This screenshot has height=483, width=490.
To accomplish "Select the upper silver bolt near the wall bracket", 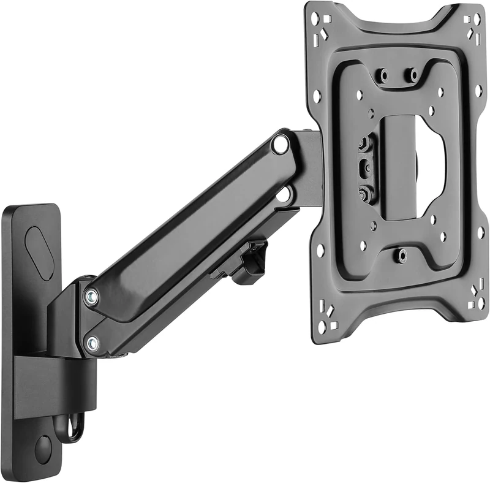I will tap(91, 297).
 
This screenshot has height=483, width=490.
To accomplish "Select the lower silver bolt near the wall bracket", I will tap(92, 344).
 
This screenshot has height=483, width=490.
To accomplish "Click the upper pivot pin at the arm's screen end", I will tap(281, 145).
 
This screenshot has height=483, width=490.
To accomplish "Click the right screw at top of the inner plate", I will tap(414, 75).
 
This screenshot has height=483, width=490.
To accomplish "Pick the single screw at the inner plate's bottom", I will tap(401, 253).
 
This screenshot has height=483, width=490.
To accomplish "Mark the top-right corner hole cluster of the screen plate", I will tap(473, 24).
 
